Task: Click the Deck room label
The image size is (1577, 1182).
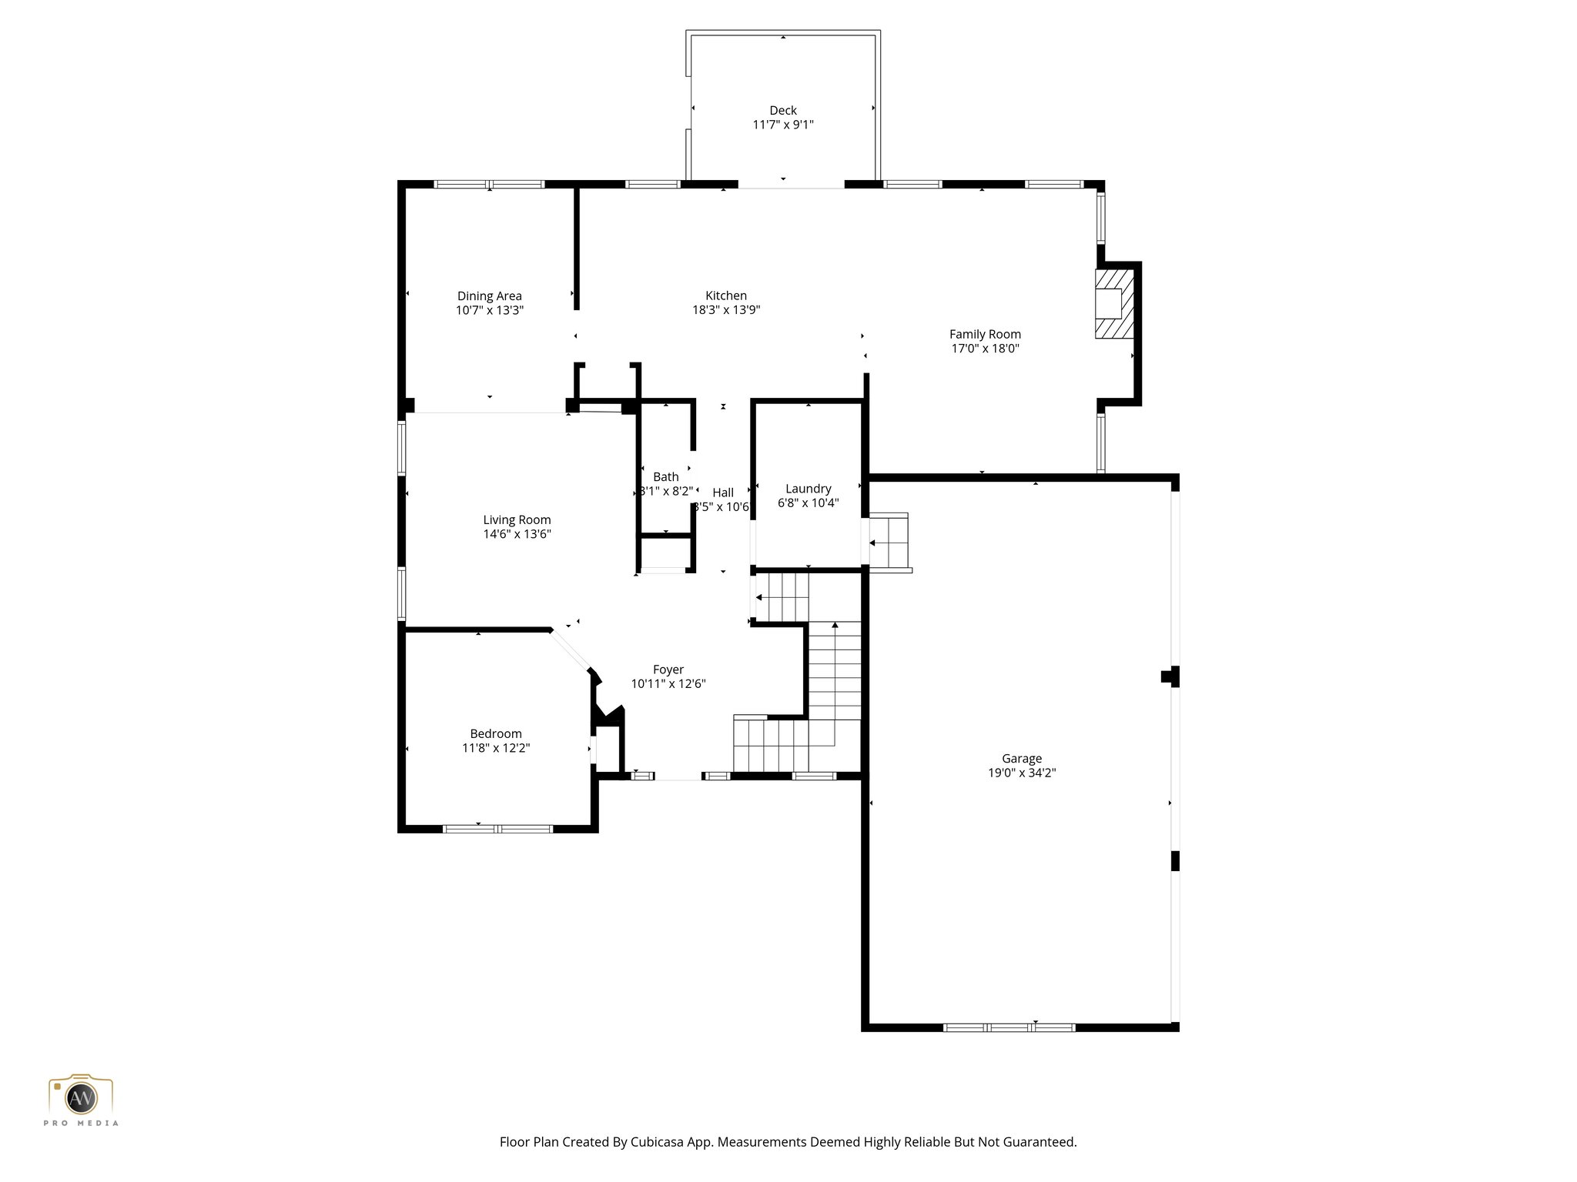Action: pos(782,111)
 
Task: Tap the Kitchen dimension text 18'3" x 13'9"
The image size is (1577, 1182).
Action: pos(725,310)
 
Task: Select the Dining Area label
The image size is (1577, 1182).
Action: pos(489,296)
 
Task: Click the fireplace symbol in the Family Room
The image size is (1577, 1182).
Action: pos(1113,302)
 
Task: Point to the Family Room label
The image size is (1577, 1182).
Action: pos(984,334)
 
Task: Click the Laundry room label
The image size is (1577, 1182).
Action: pos(808,489)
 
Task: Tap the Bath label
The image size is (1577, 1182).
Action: pos(666,477)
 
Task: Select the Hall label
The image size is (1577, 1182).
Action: pos(722,492)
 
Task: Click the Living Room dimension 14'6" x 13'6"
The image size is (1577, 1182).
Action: pos(517,534)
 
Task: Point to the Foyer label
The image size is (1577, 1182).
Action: pos(668,669)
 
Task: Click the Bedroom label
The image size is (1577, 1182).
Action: pos(496,733)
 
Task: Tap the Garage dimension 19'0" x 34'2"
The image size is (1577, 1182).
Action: pos(1021,773)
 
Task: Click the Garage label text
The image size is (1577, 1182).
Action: pos(1021,759)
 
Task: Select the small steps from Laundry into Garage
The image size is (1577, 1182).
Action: pos(889,542)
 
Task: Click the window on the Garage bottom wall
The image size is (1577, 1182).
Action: pos(1009,1027)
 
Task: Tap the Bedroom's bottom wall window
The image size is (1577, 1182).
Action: pos(497,829)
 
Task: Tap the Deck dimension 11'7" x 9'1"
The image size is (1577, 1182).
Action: pos(782,125)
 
